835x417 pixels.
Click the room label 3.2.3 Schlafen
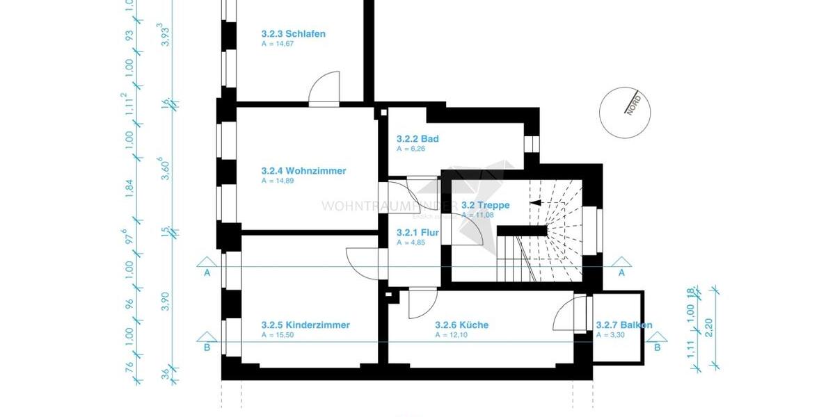[293, 33]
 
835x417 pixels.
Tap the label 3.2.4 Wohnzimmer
[303, 170]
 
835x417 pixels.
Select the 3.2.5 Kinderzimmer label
[305, 325]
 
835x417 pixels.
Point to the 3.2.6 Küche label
[461, 325]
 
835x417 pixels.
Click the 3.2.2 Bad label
[417, 138]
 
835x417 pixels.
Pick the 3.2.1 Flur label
[417, 233]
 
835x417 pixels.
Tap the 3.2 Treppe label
[485, 205]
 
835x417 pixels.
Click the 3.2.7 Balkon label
[624, 325]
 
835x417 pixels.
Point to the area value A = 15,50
[276, 335]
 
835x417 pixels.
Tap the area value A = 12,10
[450, 335]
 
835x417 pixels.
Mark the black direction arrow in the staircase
[536, 203]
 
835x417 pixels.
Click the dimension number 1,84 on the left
[129, 189]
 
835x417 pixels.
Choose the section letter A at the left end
[207, 273]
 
